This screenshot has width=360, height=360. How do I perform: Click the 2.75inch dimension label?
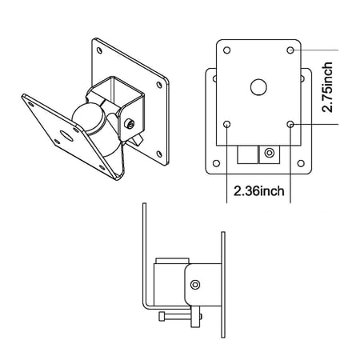point(327,87)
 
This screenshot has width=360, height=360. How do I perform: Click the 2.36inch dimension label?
point(259,191)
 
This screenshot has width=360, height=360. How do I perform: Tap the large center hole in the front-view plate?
point(258,87)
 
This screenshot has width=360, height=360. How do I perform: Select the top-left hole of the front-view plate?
point(227,50)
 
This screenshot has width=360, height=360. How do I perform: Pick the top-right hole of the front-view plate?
point(290,50)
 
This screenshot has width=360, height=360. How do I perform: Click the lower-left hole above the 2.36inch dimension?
point(227,124)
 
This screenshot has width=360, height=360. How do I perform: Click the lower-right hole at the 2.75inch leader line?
point(290,124)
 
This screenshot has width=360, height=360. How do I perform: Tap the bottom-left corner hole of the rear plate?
point(217,163)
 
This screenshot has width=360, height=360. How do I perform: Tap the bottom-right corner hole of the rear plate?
point(301,163)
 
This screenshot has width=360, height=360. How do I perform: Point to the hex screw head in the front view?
point(270,153)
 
